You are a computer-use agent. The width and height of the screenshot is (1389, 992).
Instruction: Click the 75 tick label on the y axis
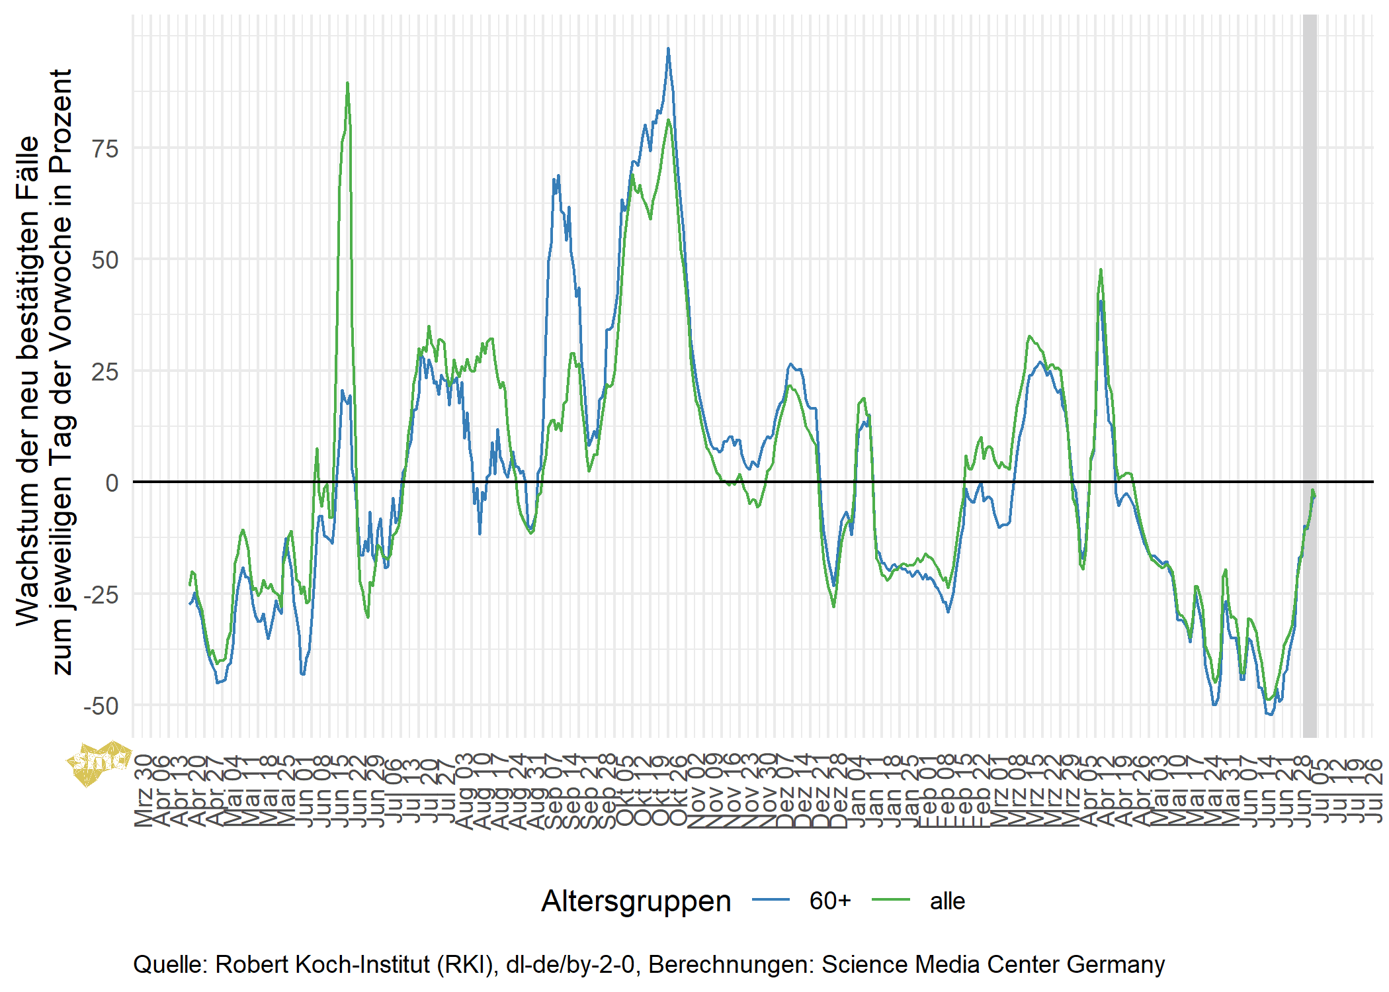point(105,148)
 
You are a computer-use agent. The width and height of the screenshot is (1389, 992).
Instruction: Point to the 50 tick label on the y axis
point(105,259)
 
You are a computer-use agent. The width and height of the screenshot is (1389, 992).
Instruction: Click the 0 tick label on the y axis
point(112,482)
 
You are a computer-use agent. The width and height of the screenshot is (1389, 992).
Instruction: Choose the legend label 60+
point(830,901)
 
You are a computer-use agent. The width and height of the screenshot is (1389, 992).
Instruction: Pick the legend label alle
point(947,901)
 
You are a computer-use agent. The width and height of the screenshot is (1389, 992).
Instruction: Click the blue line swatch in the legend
point(771,900)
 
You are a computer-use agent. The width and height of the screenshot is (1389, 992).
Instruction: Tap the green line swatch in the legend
point(891,900)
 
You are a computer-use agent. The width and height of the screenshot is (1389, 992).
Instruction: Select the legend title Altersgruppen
point(636,901)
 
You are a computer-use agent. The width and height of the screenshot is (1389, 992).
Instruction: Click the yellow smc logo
point(99,763)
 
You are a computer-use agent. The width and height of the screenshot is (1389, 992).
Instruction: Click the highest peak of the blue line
point(668,48)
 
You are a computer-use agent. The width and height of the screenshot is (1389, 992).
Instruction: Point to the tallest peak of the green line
point(347,83)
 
